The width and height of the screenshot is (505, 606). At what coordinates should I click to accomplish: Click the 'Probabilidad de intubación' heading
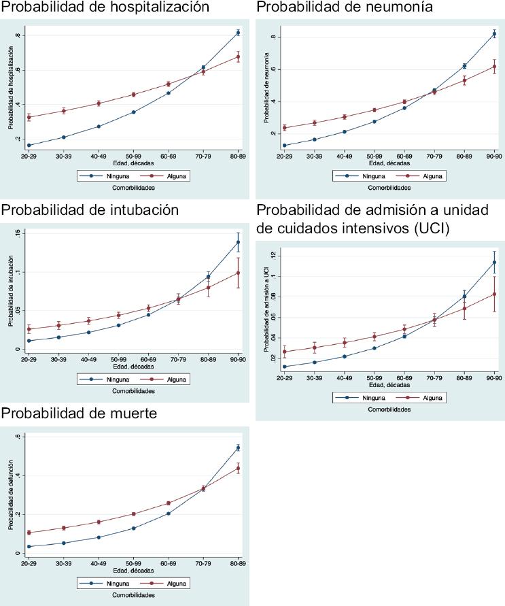point(90,210)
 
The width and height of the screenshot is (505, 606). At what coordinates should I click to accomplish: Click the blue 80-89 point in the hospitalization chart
point(238,33)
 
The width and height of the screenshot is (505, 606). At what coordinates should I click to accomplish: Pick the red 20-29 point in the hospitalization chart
point(29,117)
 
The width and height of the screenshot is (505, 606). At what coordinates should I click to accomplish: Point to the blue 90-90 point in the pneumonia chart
point(494,33)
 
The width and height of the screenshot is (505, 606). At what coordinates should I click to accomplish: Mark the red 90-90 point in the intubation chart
point(238,273)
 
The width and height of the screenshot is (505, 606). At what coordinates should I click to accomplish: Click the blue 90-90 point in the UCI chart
point(494,263)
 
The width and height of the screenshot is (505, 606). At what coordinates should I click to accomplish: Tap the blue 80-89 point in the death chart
point(238,448)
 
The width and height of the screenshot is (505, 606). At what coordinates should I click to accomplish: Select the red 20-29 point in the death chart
point(29,533)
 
